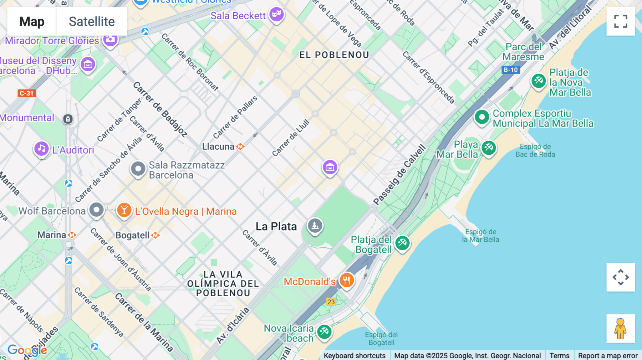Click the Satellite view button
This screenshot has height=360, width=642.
tap(92, 21)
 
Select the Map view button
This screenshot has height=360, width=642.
tap(32, 21)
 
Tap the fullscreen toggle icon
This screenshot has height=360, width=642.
tap(620, 21)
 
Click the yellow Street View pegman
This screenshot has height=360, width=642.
tap(620, 328)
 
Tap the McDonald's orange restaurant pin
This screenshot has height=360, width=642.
tap(346, 280)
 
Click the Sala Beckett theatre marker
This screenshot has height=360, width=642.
tap(276, 15)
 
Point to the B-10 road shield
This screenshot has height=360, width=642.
tap(510, 70)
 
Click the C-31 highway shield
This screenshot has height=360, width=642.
tap(27, 93)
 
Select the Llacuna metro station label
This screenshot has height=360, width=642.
tap(218, 146)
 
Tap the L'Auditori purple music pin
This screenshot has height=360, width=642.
tap(41, 149)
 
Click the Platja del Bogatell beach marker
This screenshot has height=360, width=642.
tap(402, 243)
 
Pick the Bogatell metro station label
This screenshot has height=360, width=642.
tap(133, 235)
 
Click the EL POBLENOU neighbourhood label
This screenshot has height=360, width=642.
tap(334, 55)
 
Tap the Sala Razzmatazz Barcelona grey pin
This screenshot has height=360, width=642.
tap(138, 169)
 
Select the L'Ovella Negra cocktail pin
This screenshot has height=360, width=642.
tap(124, 210)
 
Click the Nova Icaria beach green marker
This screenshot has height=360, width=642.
tap(324, 332)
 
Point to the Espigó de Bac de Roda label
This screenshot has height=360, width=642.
tap(535, 150)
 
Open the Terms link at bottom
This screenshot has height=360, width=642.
tap(559, 355)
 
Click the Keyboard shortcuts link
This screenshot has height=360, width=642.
tap(355, 355)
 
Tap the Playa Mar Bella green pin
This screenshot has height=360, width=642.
tap(489, 147)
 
